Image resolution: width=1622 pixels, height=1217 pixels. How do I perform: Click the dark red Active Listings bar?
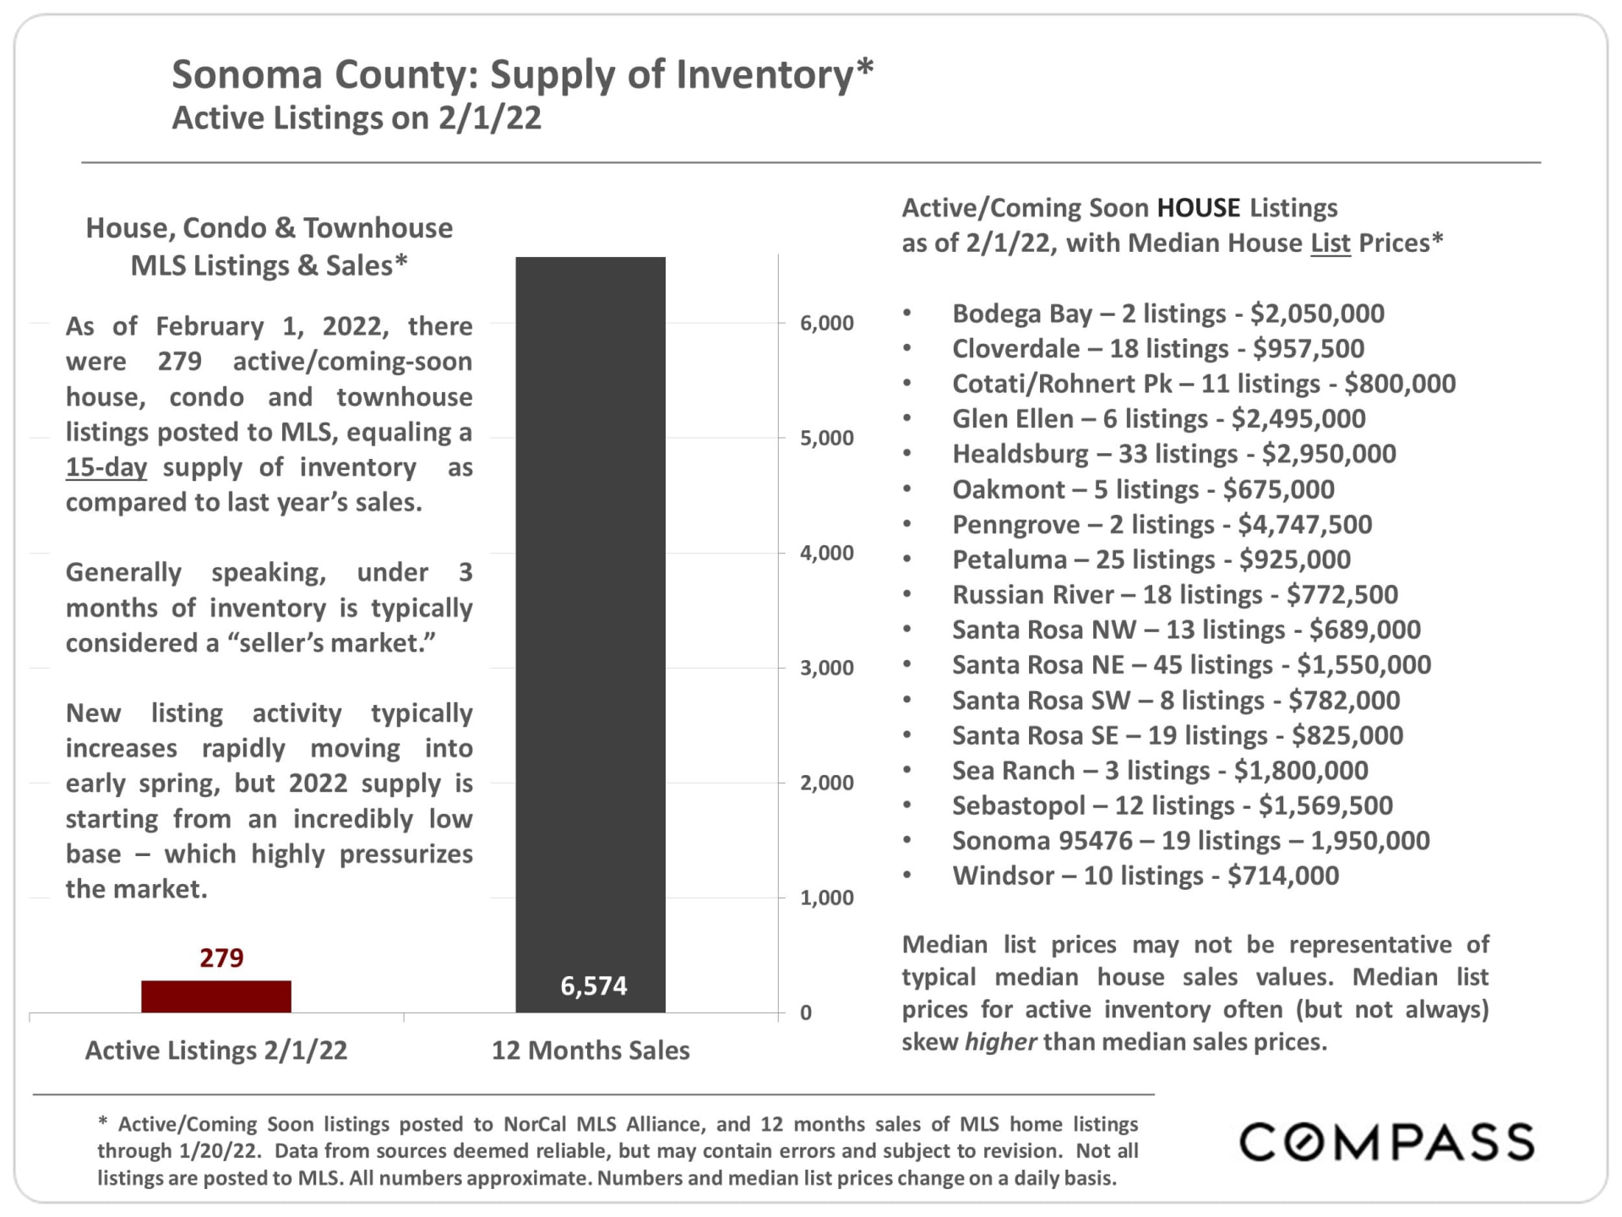[216, 996]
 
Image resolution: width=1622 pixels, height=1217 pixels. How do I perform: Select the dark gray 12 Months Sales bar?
[591, 634]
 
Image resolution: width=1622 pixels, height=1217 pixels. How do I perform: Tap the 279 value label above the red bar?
[221, 958]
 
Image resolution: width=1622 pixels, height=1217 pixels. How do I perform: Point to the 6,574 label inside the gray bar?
[594, 985]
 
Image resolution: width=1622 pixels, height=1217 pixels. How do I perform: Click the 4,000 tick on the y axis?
[827, 553]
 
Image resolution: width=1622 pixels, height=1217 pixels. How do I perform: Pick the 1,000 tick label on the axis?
[827, 898]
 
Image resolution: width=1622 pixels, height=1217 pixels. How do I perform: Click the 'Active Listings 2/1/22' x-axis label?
[216, 1050]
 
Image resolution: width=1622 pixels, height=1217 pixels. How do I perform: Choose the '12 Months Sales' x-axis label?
[591, 1050]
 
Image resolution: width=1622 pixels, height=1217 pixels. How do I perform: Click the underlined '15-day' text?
[106, 467]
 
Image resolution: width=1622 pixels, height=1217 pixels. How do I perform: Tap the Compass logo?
[1386, 1142]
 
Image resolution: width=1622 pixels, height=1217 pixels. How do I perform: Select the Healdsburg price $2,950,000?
[1329, 454]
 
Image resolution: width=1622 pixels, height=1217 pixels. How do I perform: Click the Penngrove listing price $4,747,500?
[1305, 524]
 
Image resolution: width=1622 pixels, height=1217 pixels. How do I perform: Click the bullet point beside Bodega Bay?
[907, 314]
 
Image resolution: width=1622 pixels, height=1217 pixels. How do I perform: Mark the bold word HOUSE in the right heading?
[1199, 208]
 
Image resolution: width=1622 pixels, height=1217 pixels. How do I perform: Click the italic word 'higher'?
[1000, 1041]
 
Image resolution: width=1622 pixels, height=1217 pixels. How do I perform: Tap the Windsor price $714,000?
[1283, 876]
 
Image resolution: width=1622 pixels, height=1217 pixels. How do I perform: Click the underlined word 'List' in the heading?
[1331, 243]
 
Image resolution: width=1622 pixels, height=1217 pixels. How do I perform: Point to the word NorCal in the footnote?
[536, 1124]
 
